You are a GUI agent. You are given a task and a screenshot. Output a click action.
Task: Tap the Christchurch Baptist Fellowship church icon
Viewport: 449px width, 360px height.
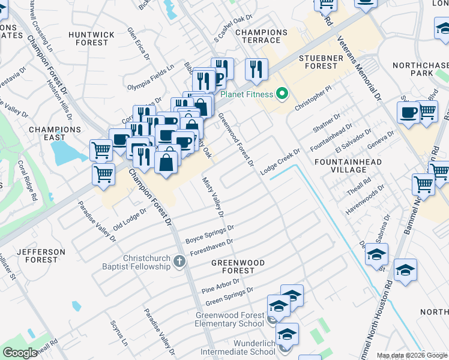[179, 262]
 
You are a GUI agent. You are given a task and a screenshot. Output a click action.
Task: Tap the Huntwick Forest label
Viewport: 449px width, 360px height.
[91, 39]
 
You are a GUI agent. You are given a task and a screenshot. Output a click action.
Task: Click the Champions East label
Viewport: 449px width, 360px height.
[55, 133]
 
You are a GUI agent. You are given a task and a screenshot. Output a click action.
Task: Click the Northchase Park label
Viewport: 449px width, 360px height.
[421, 69]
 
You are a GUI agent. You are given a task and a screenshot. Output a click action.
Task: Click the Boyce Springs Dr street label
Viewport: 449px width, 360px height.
[209, 235]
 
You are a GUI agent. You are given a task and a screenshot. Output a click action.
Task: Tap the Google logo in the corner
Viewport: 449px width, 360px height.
[20, 353]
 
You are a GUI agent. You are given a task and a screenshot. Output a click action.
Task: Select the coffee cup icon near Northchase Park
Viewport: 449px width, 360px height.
[408, 113]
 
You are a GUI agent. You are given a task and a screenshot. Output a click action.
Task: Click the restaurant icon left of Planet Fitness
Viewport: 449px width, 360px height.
[257, 70]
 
